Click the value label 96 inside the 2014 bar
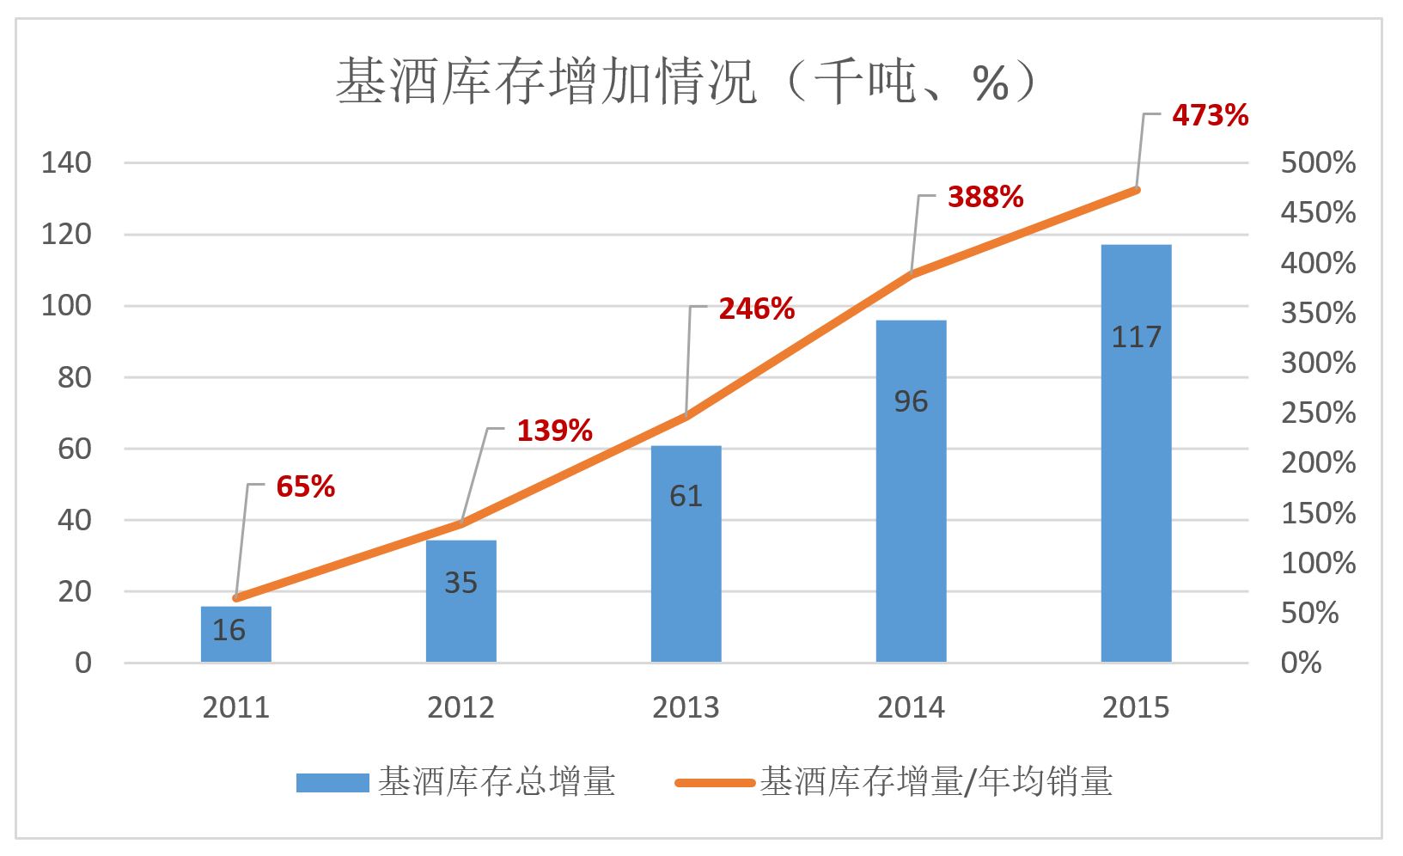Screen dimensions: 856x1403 [x=911, y=401]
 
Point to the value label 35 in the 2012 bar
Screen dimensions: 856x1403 [x=461, y=583]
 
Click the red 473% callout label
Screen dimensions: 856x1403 [x=1210, y=115]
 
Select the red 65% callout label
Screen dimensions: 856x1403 [x=305, y=486]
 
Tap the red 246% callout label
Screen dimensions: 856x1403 [x=756, y=309]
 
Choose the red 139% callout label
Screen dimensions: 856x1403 [x=554, y=430]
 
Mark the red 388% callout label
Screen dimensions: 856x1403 [x=985, y=197]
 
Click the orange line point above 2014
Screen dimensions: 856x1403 [x=911, y=274]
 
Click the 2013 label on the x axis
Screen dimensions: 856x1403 [x=686, y=707]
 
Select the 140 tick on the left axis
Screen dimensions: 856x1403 [x=66, y=162]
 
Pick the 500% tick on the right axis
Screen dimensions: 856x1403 [x=1318, y=162]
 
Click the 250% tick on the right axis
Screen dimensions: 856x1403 [x=1318, y=413]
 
